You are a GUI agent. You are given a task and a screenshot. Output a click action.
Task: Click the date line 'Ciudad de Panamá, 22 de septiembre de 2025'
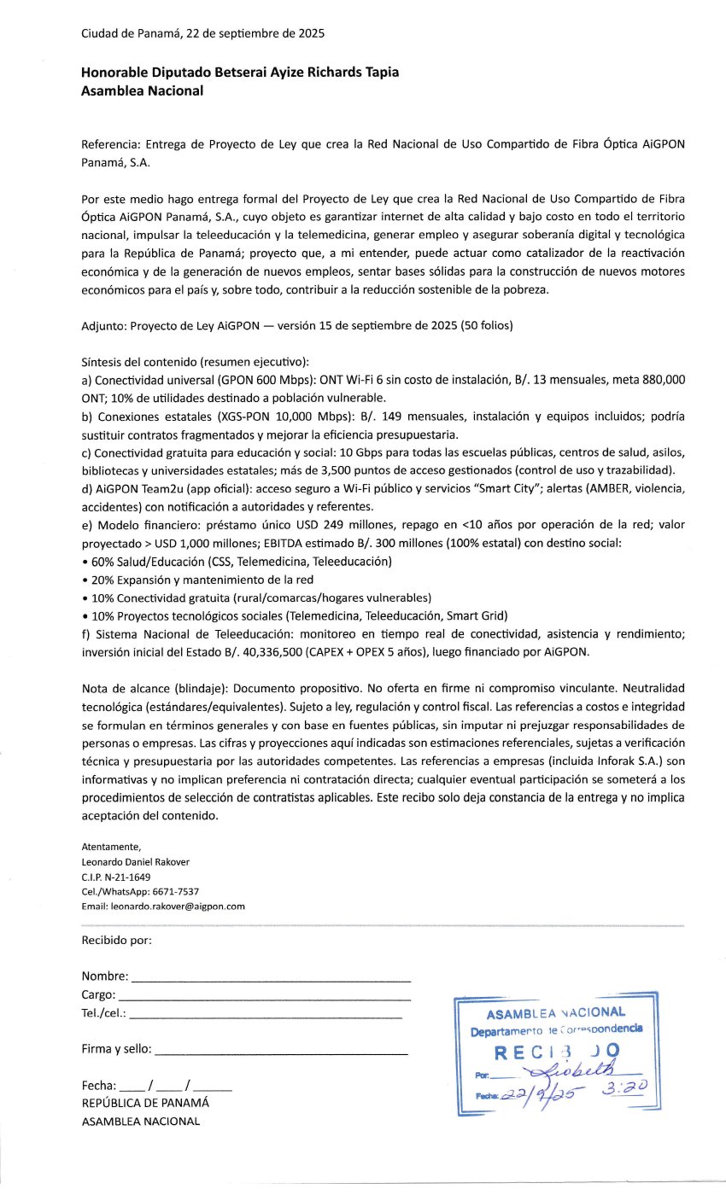pos(202,34)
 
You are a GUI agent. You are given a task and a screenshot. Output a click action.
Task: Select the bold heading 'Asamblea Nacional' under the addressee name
pos(142,91)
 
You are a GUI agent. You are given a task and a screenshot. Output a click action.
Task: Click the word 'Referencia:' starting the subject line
pos(111,145)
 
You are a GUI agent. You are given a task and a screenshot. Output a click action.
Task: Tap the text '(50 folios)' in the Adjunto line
pos(488,325)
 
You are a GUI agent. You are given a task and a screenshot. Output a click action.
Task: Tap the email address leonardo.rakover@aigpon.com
pos(178,906)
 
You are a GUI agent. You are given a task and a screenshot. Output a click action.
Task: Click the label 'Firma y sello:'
pos(117,1048)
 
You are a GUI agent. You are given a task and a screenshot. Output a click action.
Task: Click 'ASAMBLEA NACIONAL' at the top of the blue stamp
pos(555,1013)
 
